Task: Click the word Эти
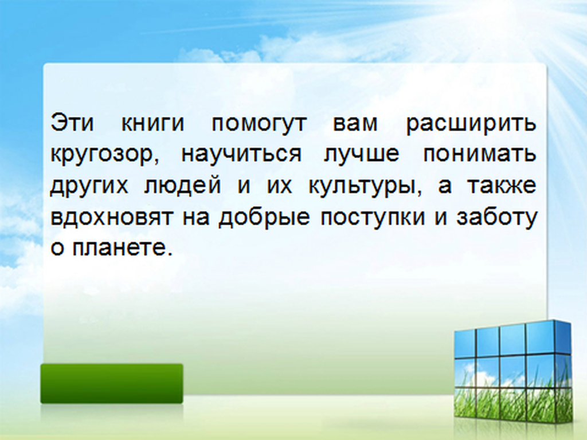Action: [x=72, y=123]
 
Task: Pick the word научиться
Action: [x=241, y=154]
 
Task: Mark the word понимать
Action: [x=480, y=154]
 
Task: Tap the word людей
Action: [x=182, y=185]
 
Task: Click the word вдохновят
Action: [x=111, y=217]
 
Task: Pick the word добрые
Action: [x=264, y=218]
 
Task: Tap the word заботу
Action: [x=497, y=218]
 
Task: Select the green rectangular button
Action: [x=112, y=383]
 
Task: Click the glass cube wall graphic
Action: [x=513, y=374]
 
